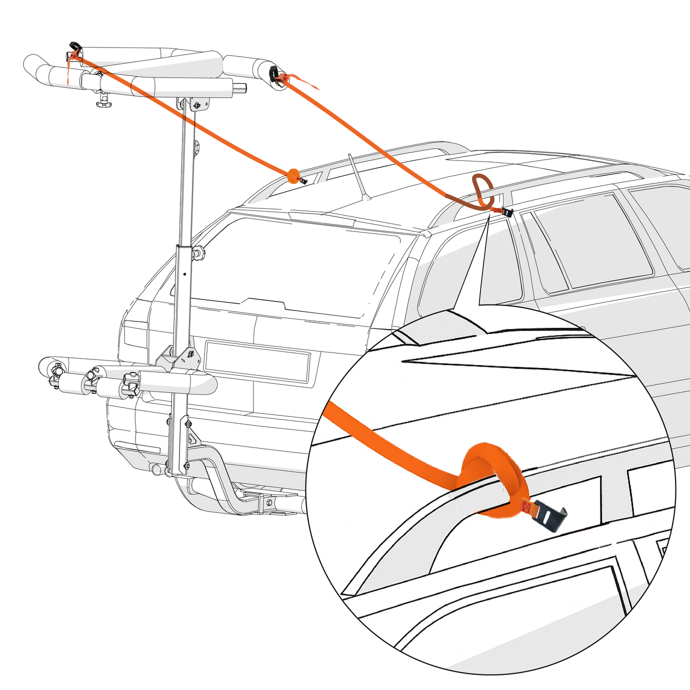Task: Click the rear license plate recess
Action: point(257,361)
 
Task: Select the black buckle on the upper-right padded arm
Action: point(275,73)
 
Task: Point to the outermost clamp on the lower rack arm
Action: point(55,373)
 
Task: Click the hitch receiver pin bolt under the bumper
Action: point(269,501)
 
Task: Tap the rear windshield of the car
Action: point(295,265)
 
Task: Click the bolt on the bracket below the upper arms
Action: point(197,105)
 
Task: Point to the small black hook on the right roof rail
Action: point(509,212)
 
